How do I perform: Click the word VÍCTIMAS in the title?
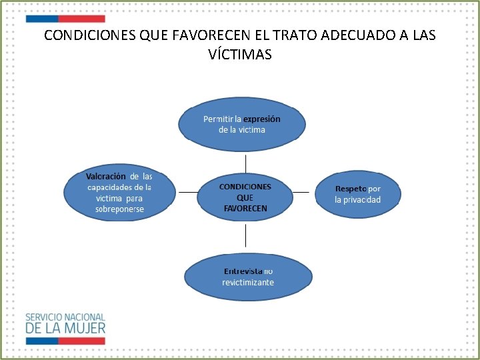(240, 55)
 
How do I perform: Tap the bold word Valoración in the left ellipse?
(105, 177)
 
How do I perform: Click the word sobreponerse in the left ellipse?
(119, 209)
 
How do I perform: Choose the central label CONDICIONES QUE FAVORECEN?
(245, 197)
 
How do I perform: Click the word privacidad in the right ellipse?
(357, 200)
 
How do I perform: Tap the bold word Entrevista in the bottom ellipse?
(243, 271)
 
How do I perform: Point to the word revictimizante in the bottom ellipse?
(248, 283)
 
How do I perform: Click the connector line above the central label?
(246, 163)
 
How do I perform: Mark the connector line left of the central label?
(189, 192)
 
